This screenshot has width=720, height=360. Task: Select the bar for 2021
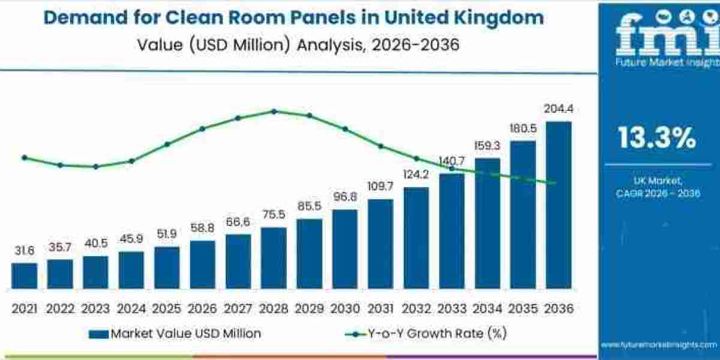tap(24, 276)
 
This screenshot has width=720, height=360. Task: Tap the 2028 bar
tap(274, 258)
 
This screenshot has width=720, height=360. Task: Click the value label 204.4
tap(558, 109)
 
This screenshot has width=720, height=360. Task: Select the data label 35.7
tap(59, 247)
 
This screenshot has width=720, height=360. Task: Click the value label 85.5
tap(309, 206)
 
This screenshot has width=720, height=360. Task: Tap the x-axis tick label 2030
tap(344, 308)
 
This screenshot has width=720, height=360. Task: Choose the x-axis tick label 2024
tap(131, 308)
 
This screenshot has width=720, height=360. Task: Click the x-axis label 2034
tap(487, 308)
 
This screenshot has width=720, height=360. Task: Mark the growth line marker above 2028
tap(274, 111)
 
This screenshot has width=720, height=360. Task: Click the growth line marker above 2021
tap(24, 158)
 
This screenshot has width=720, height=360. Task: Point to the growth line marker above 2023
tap(95, 166)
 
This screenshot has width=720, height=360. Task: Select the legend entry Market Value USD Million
tap(174, 334)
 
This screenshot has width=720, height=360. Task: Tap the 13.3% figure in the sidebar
tap(658, 139)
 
